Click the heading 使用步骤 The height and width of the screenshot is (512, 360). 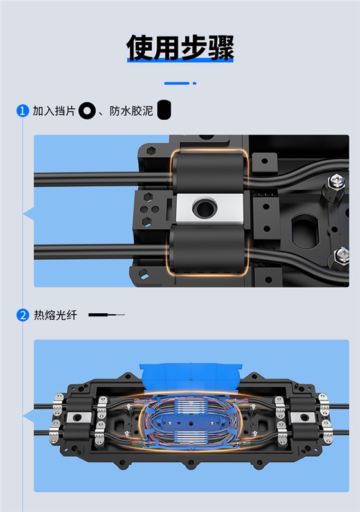[x=180, y=46]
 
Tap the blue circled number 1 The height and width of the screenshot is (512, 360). [x=22, y=111]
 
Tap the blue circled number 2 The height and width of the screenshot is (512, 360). [x=22, y=315]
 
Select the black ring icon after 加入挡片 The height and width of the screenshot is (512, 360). [x=87, y=111]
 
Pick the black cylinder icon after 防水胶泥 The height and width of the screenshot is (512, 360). [x=165, y=110]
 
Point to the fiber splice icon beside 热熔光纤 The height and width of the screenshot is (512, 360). [x=106, y=315]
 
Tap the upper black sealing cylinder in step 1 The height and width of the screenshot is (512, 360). [x=207, y=172]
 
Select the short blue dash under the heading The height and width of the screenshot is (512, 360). [x=177, y=83]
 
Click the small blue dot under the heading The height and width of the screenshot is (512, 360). [x=195, y=83]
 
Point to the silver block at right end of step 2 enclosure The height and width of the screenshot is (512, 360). [x=301, y=418]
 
